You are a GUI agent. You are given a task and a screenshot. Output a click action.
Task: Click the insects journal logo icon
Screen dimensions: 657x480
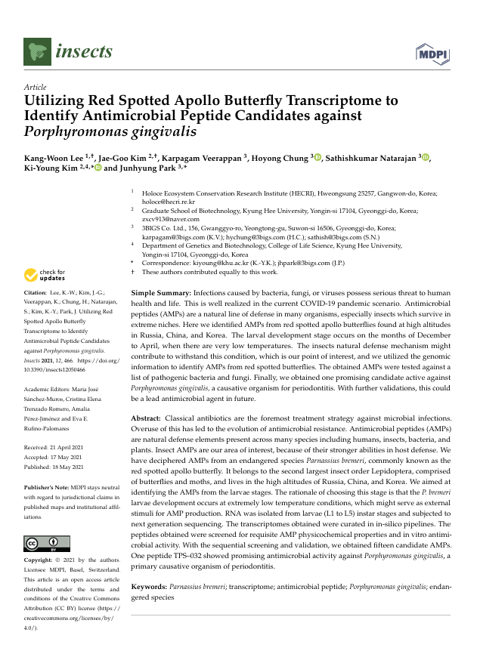(x=36, y=52)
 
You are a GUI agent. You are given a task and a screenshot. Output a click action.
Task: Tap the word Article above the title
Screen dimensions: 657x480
(x=36, y=88)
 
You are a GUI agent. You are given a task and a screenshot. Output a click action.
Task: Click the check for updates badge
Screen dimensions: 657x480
(x=45, y=275)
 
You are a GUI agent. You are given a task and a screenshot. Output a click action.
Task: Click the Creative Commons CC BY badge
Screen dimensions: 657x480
(x=47, y=544)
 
